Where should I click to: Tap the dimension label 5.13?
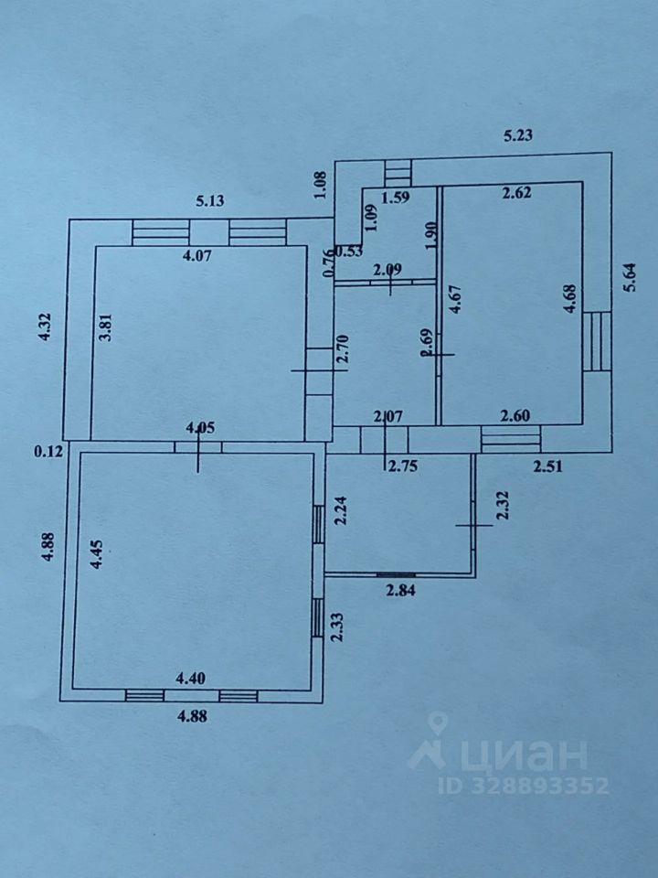(211, 202)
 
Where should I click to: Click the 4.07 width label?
(198, 257)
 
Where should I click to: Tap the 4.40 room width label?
(193, 678)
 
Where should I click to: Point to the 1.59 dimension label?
(395, 197)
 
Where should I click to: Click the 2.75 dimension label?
(403, 466)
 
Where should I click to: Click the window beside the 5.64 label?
(597, 340)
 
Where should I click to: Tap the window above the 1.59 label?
(398, 172)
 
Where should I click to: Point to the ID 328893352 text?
(523, 786)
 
